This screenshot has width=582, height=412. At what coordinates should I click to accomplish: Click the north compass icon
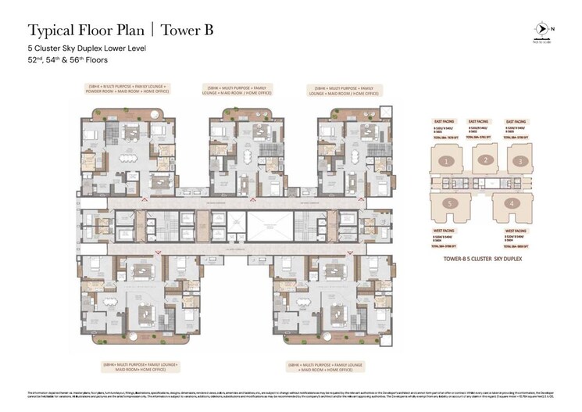(x=540, y=29)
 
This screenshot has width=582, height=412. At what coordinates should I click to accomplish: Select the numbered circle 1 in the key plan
(x=445, y=161)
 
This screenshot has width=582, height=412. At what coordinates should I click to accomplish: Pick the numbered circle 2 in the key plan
(x=484, y=160)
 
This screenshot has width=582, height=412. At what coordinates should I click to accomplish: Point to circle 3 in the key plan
(x=520, y=161)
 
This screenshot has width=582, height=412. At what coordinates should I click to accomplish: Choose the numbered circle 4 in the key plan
(x=512, y=204)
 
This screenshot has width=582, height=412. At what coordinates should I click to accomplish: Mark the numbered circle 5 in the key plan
(x=450, y=204)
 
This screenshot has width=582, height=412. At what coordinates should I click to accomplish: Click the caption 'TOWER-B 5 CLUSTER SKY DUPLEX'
(x=482, y=257)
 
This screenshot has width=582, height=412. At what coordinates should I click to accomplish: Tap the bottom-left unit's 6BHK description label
(x=140, y=367)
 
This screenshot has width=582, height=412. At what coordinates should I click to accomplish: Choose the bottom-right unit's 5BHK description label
(x=326, y=367)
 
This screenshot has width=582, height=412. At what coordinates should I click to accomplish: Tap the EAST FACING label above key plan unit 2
(x=478, y=122)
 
